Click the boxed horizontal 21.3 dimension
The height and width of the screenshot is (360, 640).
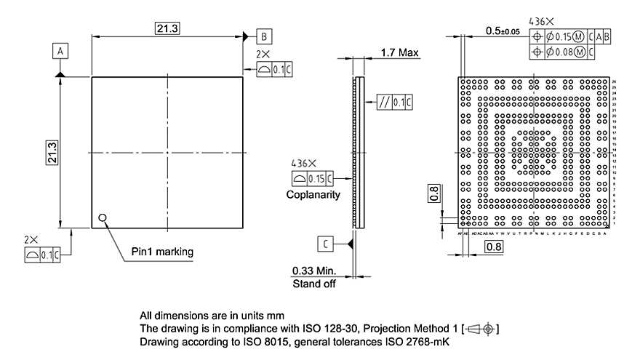coord(167,28)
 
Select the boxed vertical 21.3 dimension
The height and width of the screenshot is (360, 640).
coord(52,153)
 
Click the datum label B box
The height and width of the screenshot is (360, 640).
coord(264,36)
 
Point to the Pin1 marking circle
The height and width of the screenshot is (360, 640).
coord(103,217)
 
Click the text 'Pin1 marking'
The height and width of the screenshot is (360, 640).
coord(162,252)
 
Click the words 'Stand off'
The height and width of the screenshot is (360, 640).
coord(314,284)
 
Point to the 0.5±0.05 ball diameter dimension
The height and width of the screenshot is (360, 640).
coord(502,31)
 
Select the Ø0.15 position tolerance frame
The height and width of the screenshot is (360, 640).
coord(572,36)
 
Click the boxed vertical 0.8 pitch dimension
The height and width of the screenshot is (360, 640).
coord(434,193)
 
